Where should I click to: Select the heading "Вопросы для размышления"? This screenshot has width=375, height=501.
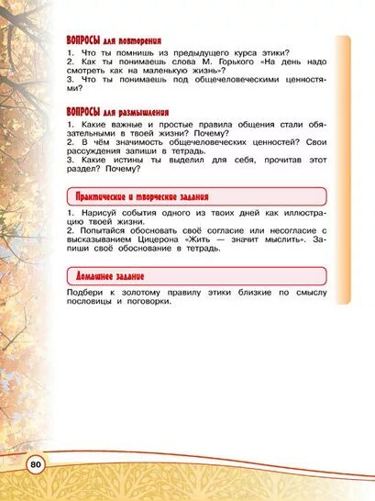(117, 114)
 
